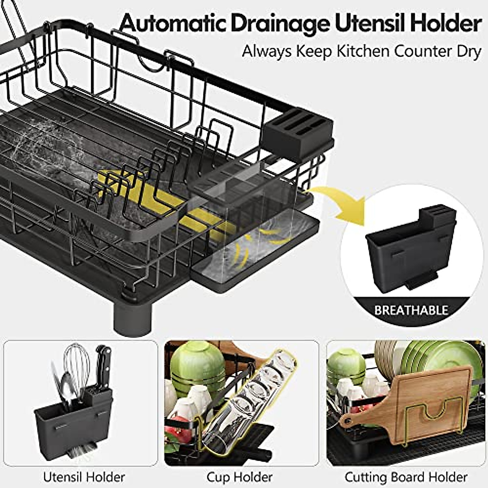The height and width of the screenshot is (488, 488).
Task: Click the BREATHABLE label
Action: [411, 311]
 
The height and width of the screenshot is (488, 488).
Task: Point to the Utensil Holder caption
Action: [84, 477]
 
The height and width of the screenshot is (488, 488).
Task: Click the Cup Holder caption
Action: [240, 477]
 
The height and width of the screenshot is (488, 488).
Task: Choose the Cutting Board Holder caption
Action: [406, 477]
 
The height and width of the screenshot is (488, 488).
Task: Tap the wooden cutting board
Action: [423, 403]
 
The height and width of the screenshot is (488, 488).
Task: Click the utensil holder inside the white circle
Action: [408, 252]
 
